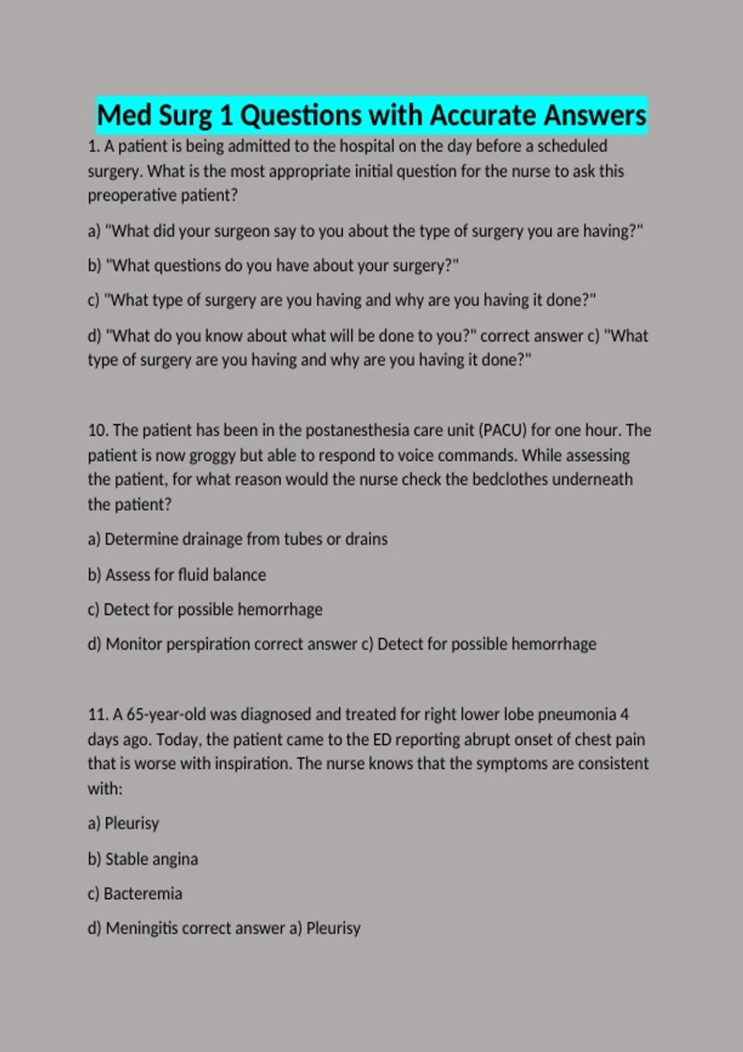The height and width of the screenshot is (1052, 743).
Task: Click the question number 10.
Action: [98, 430]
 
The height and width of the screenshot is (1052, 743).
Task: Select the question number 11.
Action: [98, 715]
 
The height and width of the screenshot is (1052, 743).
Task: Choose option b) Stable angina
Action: [143, 859]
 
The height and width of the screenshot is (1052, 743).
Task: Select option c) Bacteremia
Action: [135, 894]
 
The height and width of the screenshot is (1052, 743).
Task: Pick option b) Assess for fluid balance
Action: [177, 575]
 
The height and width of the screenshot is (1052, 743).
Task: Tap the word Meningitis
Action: [142, 928]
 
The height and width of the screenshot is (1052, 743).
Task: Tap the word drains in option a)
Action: [366, 539]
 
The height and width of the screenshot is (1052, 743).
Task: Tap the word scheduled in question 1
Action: [571, 147]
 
